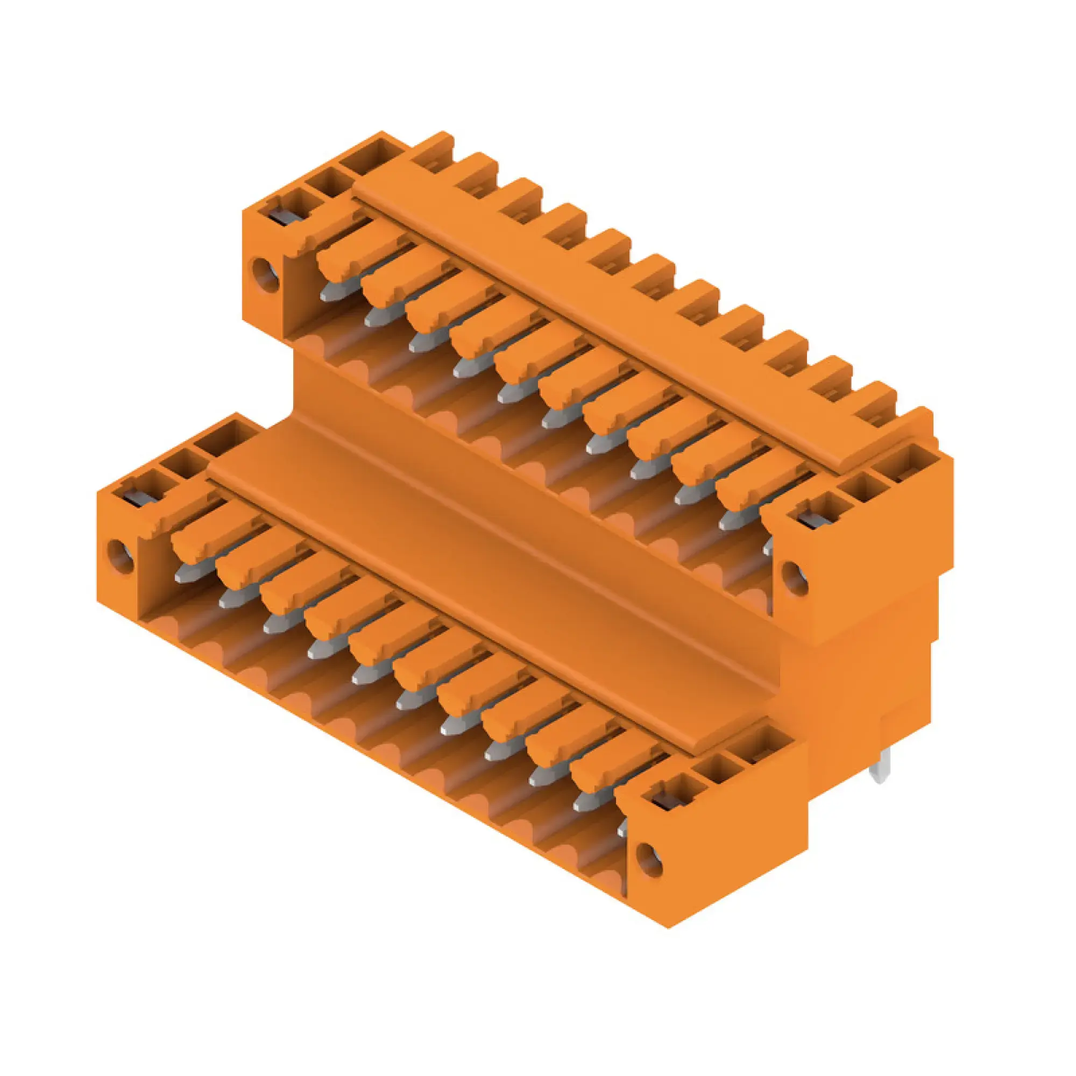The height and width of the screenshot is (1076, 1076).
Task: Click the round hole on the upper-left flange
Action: coord(266,274)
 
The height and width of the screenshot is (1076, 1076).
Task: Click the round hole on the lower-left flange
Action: coord(120,556)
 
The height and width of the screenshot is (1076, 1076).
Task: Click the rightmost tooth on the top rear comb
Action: coord(916,426)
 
